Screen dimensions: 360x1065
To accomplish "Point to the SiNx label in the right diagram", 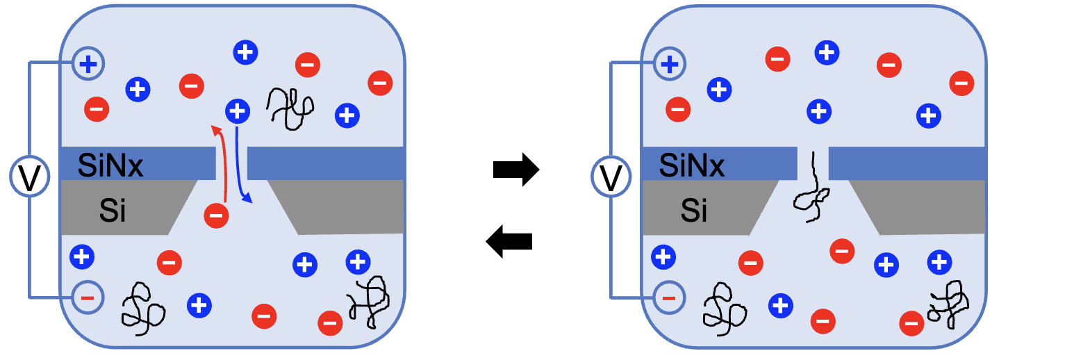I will coord(691,165).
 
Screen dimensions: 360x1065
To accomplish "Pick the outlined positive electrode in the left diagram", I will coord(88,65).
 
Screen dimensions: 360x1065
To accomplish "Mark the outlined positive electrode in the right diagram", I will coord(669,65).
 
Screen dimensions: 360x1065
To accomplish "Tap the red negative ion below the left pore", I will coord(216,215).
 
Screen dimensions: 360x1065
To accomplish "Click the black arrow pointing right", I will coord(515,170).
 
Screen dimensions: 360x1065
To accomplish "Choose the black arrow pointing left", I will coord(509,242).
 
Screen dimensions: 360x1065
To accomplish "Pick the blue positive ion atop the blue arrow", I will coord(238,111).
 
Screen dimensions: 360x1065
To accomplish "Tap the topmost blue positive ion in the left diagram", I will coord(245,51).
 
